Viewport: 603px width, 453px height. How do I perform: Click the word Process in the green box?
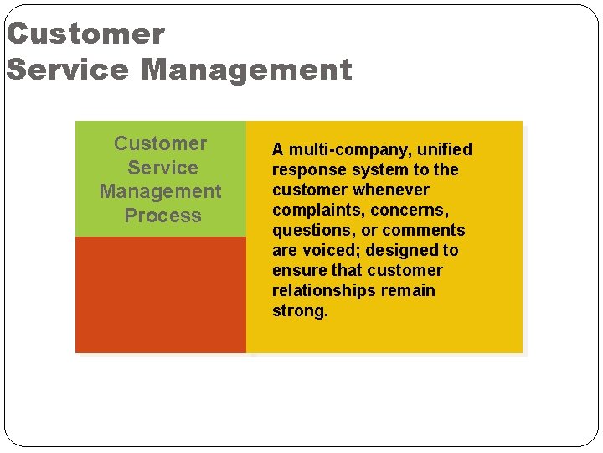click(162, 216)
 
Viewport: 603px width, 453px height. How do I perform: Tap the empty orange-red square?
click(161, 294)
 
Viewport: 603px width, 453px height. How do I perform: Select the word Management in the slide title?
click(247, 70)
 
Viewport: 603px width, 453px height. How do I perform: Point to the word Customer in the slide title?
click(86, 34)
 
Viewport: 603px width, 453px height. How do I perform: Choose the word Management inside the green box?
click(161, 191)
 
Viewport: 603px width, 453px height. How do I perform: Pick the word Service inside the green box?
click(162, 168)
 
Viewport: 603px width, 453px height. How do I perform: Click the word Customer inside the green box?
click(160, 143)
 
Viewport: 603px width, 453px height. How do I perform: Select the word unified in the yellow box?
click(441, 149)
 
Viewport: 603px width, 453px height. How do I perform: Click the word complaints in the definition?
click(311, 211)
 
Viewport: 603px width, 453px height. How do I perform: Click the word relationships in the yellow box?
click(324, 291)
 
